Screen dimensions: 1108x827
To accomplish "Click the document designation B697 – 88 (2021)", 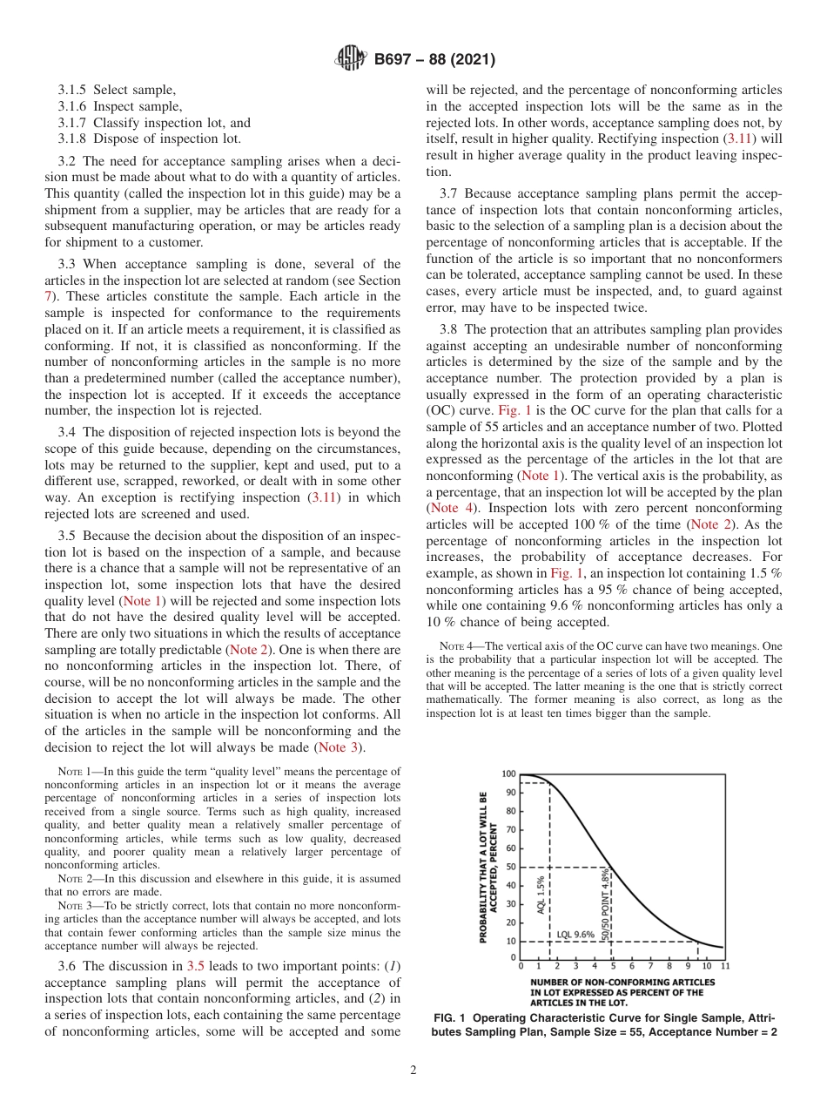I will pos(434,60).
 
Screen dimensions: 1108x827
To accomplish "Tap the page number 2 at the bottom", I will pos(413,1071).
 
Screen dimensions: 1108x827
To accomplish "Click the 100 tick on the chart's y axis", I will pos(508,774).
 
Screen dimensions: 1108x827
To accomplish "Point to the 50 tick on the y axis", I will pos(510,867).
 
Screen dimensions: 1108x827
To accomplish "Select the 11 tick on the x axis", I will pos(724,966).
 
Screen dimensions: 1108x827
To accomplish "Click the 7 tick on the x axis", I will pos(650,966).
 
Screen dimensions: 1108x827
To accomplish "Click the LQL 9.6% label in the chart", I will pos(575,934).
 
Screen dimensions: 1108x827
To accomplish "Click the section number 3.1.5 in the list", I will pos(73,90).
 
